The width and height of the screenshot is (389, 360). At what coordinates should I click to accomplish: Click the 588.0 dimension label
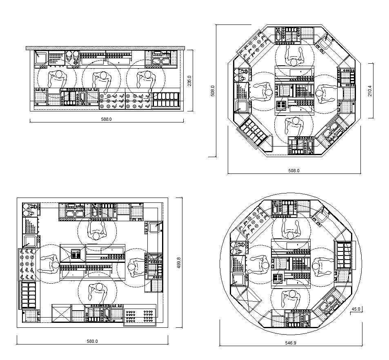point(106,119)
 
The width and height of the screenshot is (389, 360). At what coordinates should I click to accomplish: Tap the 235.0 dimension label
point(189,81)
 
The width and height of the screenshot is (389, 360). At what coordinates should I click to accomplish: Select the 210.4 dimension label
point(370,91)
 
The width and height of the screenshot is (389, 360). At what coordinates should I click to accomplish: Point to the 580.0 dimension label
point(92,341)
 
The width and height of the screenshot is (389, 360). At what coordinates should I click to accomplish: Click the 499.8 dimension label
point(179,263)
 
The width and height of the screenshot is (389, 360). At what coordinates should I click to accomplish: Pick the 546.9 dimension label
point(291,343)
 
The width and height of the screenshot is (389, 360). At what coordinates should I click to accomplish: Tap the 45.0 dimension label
point(356,309)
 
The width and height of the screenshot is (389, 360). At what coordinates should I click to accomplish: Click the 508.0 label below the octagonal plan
point(294,171)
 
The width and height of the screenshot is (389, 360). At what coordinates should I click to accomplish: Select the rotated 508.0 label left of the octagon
point(212,91)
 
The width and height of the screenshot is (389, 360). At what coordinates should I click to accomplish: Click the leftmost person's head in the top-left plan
point(59,74)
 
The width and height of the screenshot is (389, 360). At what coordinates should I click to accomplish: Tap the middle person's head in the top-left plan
point(103,76)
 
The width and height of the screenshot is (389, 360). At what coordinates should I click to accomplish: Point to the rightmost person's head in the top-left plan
point(148,74)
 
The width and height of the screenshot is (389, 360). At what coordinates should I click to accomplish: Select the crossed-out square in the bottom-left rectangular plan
point(62,313)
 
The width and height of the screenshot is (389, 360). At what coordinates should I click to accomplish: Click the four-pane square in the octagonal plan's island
point(282,105)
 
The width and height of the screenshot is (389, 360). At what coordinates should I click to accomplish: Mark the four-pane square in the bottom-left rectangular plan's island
point(76,254)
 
